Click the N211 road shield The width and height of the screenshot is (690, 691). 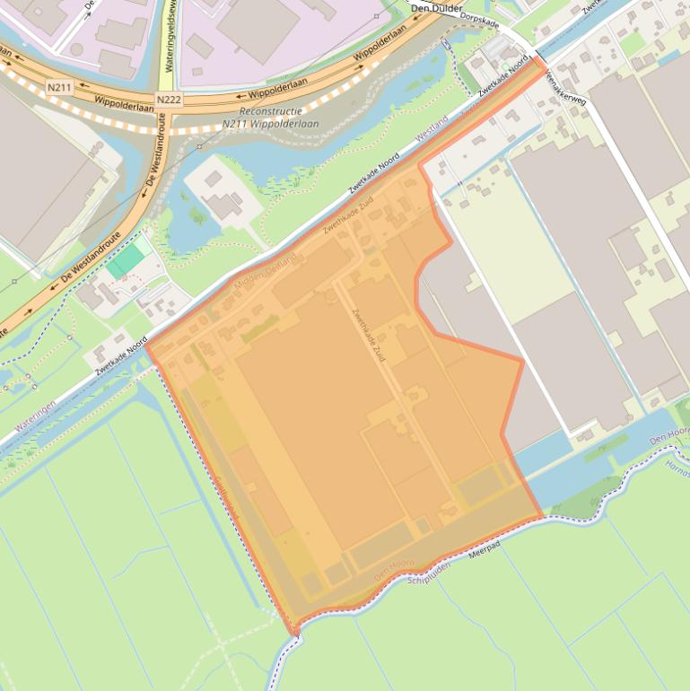pos(59,86)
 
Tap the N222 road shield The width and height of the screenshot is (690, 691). pos(168,100)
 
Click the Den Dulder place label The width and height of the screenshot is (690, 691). pos(436,8)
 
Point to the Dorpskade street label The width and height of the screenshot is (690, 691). pos(478,21)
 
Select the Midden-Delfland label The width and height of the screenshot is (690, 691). pos(265,270)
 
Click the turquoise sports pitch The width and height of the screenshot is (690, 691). pos(125,261)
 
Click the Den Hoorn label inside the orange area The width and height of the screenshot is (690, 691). pos(395,566)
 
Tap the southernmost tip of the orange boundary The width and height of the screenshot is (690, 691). pos(294,634)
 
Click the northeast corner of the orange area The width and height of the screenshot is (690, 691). pos(544,66)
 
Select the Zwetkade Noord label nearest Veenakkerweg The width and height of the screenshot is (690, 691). pos(502,81)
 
